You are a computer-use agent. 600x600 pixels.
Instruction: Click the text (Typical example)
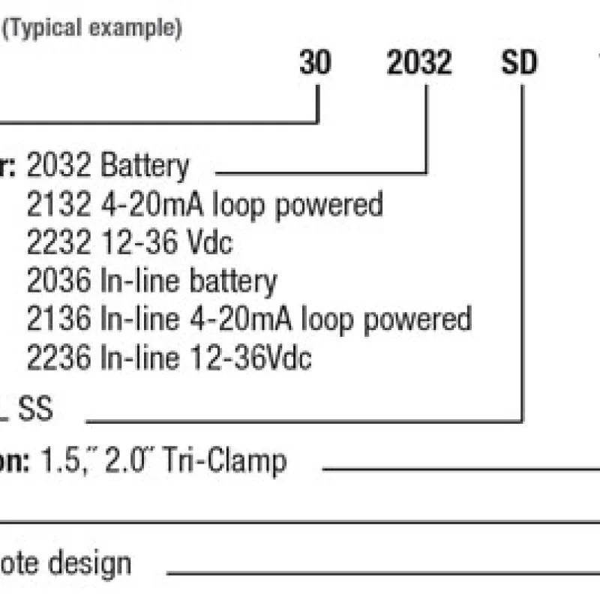pyautogui.click(x=93, y=29)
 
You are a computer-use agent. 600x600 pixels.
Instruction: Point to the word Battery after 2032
pyautogui.click(x=145, y=166)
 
